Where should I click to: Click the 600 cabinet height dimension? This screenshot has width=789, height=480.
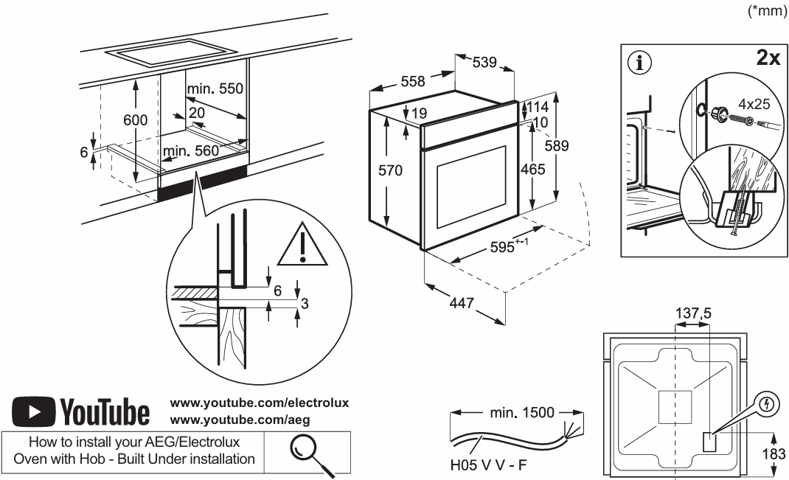coord(135,119)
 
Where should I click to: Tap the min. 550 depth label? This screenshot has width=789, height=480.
coord(215,88)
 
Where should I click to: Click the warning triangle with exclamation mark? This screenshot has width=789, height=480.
coord(303,246)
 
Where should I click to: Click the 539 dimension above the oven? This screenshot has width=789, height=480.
coord(484,63)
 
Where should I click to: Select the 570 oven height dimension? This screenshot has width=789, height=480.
coord(390,171)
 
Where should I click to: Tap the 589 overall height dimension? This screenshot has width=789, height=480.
coord(556,146)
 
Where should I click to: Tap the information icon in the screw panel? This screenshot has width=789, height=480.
coord(639,63)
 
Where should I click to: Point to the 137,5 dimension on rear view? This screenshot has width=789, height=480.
coord(693,314)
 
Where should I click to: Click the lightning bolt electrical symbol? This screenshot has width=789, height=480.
coord(770,405)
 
